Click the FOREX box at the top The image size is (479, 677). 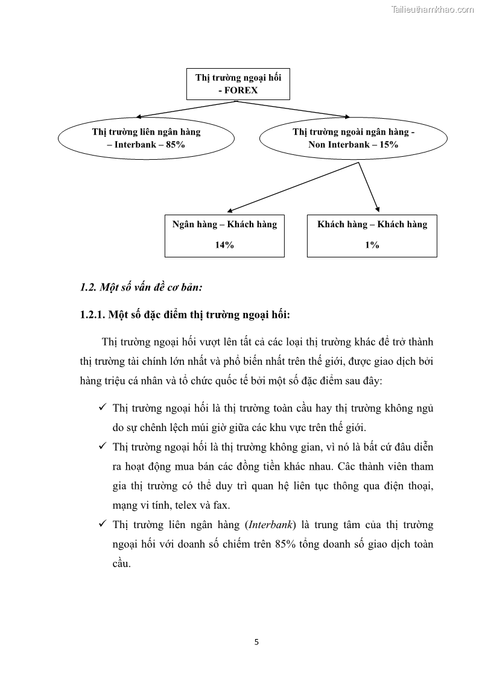coord(238,84)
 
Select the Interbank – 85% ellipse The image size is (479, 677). coord(146,139)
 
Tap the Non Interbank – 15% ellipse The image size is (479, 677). coord(353,139)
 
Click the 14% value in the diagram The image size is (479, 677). coord(224,245)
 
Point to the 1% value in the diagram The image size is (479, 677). coord(372,245)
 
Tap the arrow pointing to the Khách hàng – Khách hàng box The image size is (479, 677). coord(369,186)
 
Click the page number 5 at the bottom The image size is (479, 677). coord(256,641)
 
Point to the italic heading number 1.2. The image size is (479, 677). coord(88,288)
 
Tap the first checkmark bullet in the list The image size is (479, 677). coord(103,408)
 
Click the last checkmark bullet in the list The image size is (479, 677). coord(103,524)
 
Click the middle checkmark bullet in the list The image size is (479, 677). coord(103,447)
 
